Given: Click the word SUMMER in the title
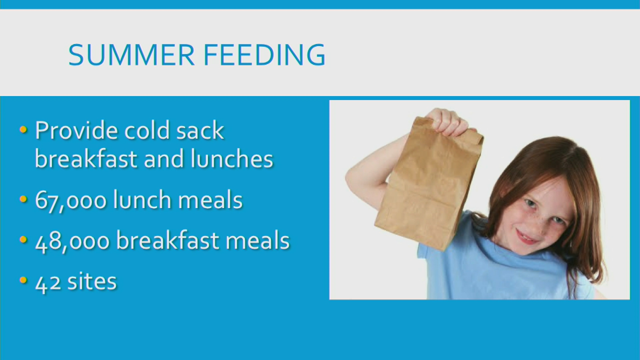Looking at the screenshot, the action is point(131,55).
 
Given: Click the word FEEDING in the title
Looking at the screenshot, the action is point(264,55).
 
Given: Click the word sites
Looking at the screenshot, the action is point(92,281).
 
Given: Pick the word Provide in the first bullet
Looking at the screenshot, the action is point(76,130).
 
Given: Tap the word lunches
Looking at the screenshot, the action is point(232,158).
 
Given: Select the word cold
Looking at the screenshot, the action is point(147,130).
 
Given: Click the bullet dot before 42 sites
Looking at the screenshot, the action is point(23,280).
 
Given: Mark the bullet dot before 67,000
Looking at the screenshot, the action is point(23,199).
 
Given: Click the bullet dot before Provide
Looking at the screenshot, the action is point(23,130).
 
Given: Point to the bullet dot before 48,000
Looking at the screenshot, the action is point(23,239).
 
